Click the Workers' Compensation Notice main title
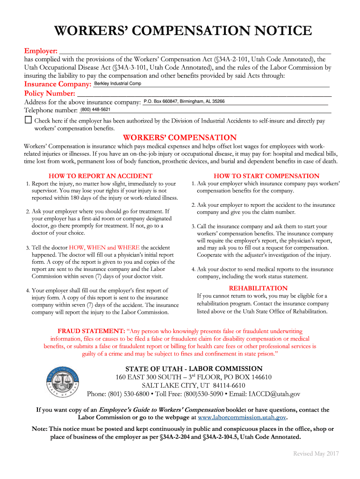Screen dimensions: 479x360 click(183, 31)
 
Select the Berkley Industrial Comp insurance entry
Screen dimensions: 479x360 click(118, 84)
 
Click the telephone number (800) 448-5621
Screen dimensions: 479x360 click(95, 109)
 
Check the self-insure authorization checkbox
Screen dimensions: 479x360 click(28, 120)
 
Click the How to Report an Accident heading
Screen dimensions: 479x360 click(101, 176)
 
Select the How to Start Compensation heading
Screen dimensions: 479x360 click(266, 176)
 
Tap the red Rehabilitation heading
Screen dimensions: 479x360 click(261, 288)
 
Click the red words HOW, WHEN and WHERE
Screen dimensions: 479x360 click(104, 247)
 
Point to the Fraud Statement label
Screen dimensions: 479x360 click(91, 331)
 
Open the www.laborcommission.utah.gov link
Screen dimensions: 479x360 click(242, 417)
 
